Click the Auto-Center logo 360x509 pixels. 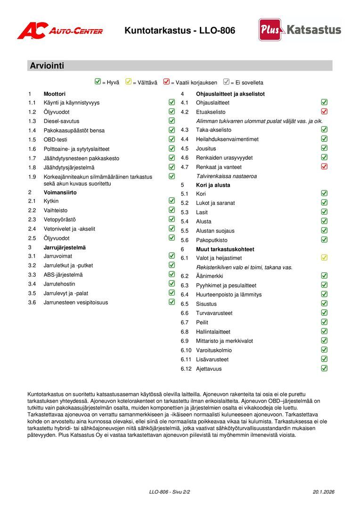click(x=60, y=31)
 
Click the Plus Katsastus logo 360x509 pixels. click(x=300, y=30)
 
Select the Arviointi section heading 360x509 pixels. click(x=47, y=66)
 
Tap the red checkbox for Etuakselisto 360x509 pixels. click(x=324, y=112)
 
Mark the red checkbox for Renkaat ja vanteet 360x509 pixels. click(x=324, y=167)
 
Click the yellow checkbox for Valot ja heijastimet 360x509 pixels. click(x=324, y=258)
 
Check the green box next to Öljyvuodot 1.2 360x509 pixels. click(x=172, y=112)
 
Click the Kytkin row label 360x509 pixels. click(x=51, y=201)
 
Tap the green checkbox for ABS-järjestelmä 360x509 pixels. click(x=172, y=275)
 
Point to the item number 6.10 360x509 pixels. click(x=186, y=350)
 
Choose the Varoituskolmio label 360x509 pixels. click(x=214, y=350)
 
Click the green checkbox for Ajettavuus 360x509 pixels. click(x=324, y=369)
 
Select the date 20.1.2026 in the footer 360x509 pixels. click(x=323, y=492)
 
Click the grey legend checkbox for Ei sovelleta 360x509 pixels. click(x=226, y=82)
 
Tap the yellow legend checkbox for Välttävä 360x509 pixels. click(x=128, y=82)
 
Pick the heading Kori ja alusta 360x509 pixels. click(x=213, y=185)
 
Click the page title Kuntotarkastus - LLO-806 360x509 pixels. click(x=180, y=31)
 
